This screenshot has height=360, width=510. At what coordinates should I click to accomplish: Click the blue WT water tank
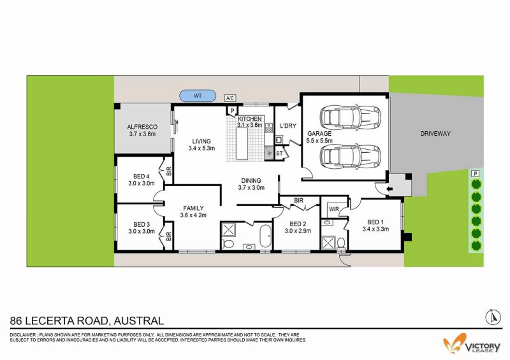coord(198,96)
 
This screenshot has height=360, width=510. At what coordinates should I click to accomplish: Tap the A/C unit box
coord(230,98)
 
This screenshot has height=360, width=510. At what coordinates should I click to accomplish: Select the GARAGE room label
coord(319,133)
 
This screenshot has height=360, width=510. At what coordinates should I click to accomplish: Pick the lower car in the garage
coord(350,155)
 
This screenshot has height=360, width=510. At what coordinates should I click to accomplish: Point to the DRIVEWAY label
coord(435,133)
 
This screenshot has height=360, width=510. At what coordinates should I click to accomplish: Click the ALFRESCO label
coord(142,127)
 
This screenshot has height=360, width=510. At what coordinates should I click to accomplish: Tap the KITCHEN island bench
coord(242,143)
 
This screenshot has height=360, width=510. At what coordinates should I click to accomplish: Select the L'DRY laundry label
coord(288,126)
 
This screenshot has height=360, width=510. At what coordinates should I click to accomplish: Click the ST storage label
coord(279,153)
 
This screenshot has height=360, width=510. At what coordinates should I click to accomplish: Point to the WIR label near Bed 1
coord(333,209)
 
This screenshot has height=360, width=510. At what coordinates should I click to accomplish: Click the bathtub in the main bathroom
coord(265,236)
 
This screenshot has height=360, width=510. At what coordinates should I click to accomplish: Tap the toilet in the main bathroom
coord(228,243)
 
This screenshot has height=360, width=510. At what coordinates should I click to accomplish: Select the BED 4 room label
coord(141,176)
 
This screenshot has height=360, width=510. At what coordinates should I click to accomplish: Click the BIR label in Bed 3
coord(169,236)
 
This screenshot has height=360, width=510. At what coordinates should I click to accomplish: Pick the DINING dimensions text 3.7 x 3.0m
coord(251,187)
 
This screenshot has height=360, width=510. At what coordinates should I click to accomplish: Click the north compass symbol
coord(493,317)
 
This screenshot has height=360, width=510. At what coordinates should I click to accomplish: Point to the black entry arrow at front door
coord(390,189)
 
